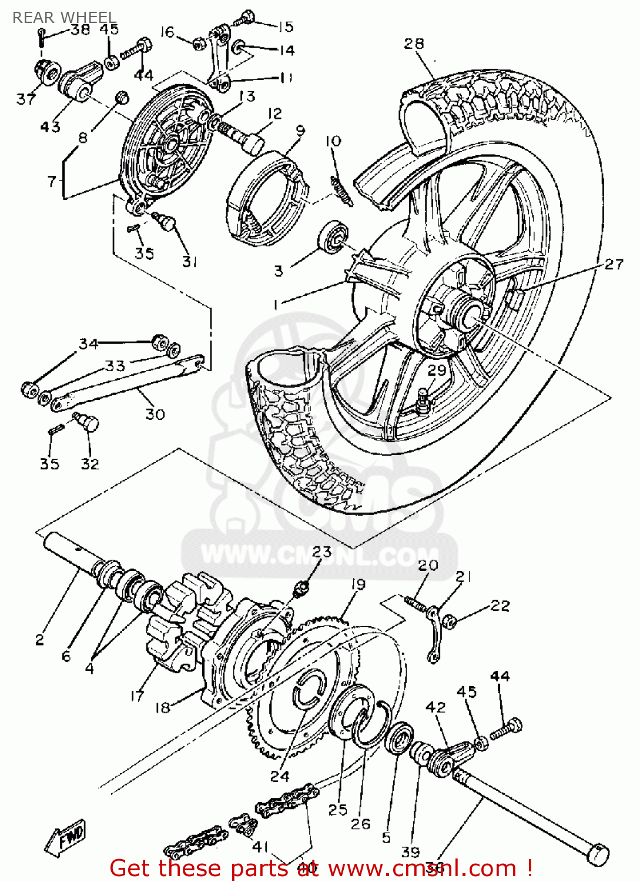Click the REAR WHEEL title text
tap(64, 18)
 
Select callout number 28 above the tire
tap(414, 44)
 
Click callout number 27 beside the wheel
tap(614, 265)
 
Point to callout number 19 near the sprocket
tap(358, 584)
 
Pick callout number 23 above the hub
tap(321, 552)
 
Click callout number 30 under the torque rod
tap(155, 414)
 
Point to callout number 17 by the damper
tap(137, 696)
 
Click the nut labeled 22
tap(450, 621)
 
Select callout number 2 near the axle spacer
tap(39, 639)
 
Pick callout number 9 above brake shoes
tap(300, 131)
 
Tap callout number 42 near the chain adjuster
tap(435, 707)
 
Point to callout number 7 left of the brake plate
tap(52, 181)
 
